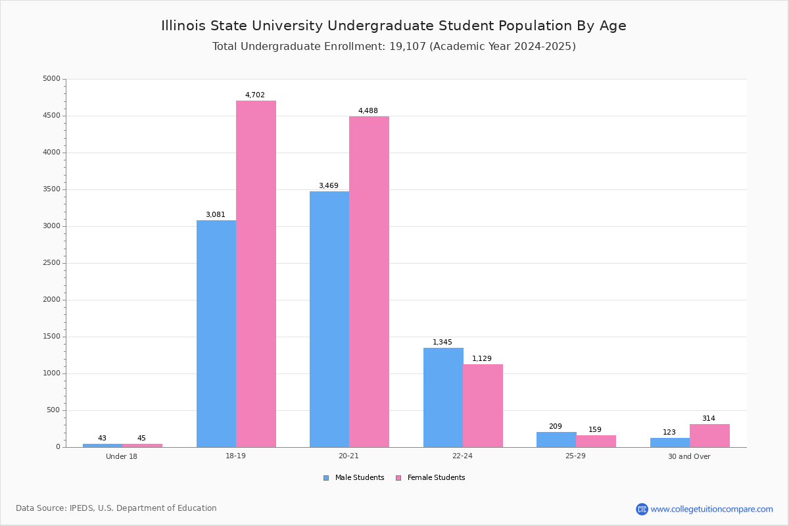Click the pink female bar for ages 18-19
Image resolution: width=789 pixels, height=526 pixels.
tap(256, 274)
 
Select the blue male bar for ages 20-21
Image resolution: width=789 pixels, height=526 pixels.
tap(329, 319)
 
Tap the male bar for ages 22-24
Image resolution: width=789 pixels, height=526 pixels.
tap(443, 397)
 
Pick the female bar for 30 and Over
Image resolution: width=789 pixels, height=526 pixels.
tap(709, 435)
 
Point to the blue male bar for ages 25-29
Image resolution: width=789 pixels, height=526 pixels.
tap(556, 439)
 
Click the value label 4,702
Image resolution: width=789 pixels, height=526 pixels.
tap(254, 95)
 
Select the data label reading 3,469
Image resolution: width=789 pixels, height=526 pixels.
tap(329, 185)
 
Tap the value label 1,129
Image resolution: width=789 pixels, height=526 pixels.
tap(481, 358)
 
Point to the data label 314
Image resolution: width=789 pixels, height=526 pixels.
tap(709, 418)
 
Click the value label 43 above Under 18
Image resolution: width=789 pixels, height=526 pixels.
tap(102, 438)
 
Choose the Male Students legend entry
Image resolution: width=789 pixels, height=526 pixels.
tap(354, 477)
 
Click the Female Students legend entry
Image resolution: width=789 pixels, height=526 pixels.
tap(431, 477)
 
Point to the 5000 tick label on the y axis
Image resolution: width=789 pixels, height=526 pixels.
tap(51, 78)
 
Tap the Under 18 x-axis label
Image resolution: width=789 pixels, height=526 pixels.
tap(122, 456)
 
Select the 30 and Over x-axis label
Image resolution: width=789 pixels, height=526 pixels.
tap(689, 456)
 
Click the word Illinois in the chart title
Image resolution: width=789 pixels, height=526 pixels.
tap(183, 26)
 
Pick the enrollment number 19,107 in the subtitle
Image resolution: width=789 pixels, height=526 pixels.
tap(408, 46)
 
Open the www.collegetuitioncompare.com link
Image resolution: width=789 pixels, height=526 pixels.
tap(711, 509)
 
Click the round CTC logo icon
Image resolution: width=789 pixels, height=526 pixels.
tap(642, 509)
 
